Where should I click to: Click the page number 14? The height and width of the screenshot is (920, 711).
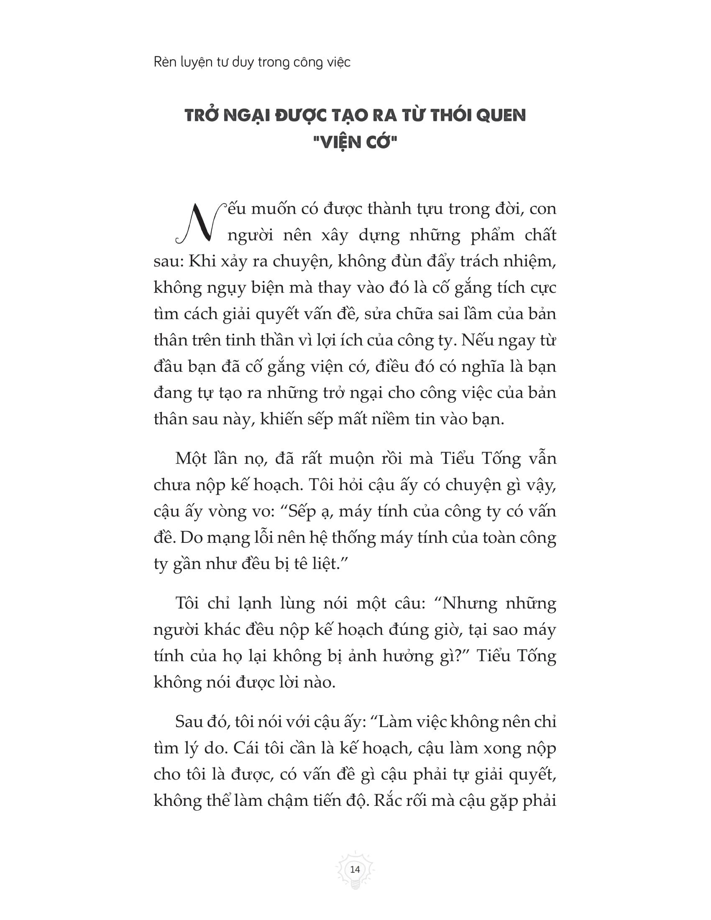point(355,869)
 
